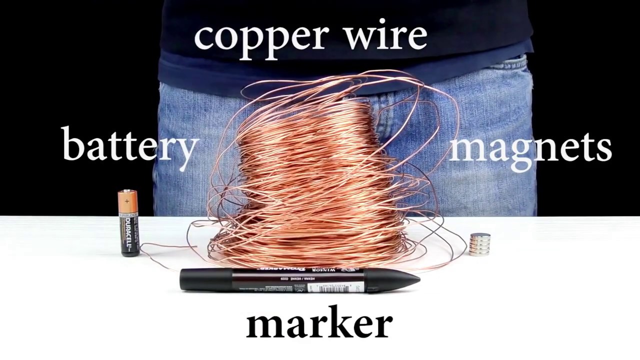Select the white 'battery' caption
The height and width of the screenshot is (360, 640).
tap(130, 145)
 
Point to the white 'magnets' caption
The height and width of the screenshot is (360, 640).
tap(530, 147)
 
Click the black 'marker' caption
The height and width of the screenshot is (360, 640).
tap(319, 323)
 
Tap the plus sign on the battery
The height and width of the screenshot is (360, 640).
tap(127, 201)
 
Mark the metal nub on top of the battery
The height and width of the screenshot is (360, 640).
tap(127, 190)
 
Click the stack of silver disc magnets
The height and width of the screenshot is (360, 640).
tap(480, 244)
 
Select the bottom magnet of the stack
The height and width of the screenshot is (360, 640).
tap(480, 252)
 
